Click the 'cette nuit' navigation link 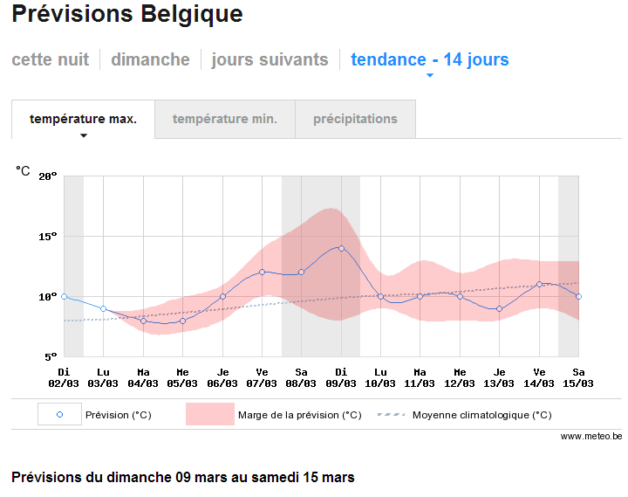point(50,59)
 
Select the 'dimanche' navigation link point(150,59)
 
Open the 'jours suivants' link point(270,59)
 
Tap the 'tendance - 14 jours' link point(430,59)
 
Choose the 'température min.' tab point(225,119)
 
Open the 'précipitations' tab point(355,119)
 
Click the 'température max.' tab point(84,119)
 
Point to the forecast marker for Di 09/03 point(341,248)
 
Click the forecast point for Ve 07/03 point(262,272)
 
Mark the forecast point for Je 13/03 point(499,309)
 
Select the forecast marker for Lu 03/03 point(103,309)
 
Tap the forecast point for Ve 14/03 point(539,284)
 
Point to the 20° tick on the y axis point(48,176)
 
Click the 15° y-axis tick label point(48,237)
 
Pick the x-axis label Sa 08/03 point(301,378)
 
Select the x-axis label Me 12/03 point(460,378)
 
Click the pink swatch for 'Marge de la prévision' point(210,414)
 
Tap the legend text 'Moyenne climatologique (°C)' point(481,415)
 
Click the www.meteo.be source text point(591,436)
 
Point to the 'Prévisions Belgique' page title point(127,15)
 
